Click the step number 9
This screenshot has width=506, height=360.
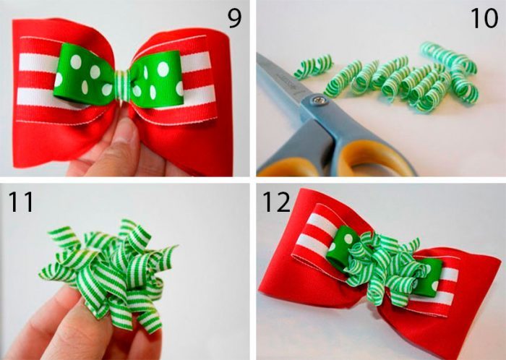click(235, 18)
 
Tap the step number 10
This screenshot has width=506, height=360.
click(484, 18)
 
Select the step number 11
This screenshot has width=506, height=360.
click(21, 202)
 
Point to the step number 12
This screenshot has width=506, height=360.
click(276, 202)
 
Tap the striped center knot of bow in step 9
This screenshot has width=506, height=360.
click(122, 85)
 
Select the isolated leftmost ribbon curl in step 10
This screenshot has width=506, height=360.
click(313, 66)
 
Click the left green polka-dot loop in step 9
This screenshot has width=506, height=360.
click(85, 75)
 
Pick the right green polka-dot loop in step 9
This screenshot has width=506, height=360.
click(157, 79)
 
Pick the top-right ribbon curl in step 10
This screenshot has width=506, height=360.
click(449, 57)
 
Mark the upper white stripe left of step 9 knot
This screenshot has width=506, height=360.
click(39, 63)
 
